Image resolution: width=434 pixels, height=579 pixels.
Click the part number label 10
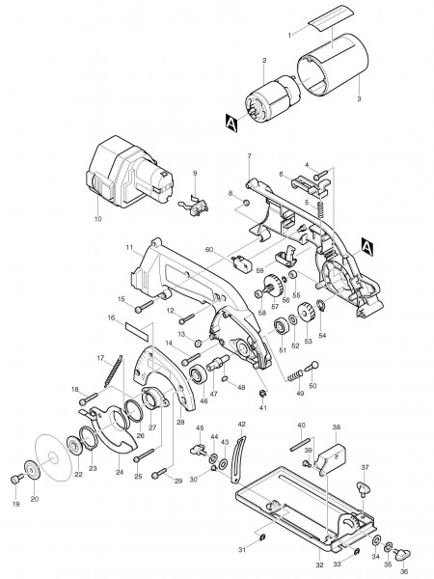(x=97, y=219)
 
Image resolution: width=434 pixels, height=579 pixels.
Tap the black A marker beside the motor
(x=231, y=123)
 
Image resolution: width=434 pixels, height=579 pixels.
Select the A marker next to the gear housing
(x=367, y=247)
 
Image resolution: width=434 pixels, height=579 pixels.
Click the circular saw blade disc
(x=53, y=456)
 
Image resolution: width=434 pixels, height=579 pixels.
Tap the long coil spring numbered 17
(x=113, y=371)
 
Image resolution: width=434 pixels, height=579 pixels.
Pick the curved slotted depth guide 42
(x=239, y=458)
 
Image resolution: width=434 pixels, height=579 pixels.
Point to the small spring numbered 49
(x=294, y=377)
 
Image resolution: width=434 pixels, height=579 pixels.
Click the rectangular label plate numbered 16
(x=137, y=331)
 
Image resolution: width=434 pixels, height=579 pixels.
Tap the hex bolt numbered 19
(x=16, y=480)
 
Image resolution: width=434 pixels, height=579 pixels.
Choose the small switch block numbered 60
(x=241, y=262)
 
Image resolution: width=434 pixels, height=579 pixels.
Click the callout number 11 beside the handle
(x=129, y=248)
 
